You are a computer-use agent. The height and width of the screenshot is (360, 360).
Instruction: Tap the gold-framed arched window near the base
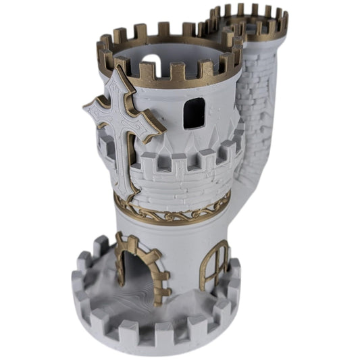pyautogui.click(x=214, y=265)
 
